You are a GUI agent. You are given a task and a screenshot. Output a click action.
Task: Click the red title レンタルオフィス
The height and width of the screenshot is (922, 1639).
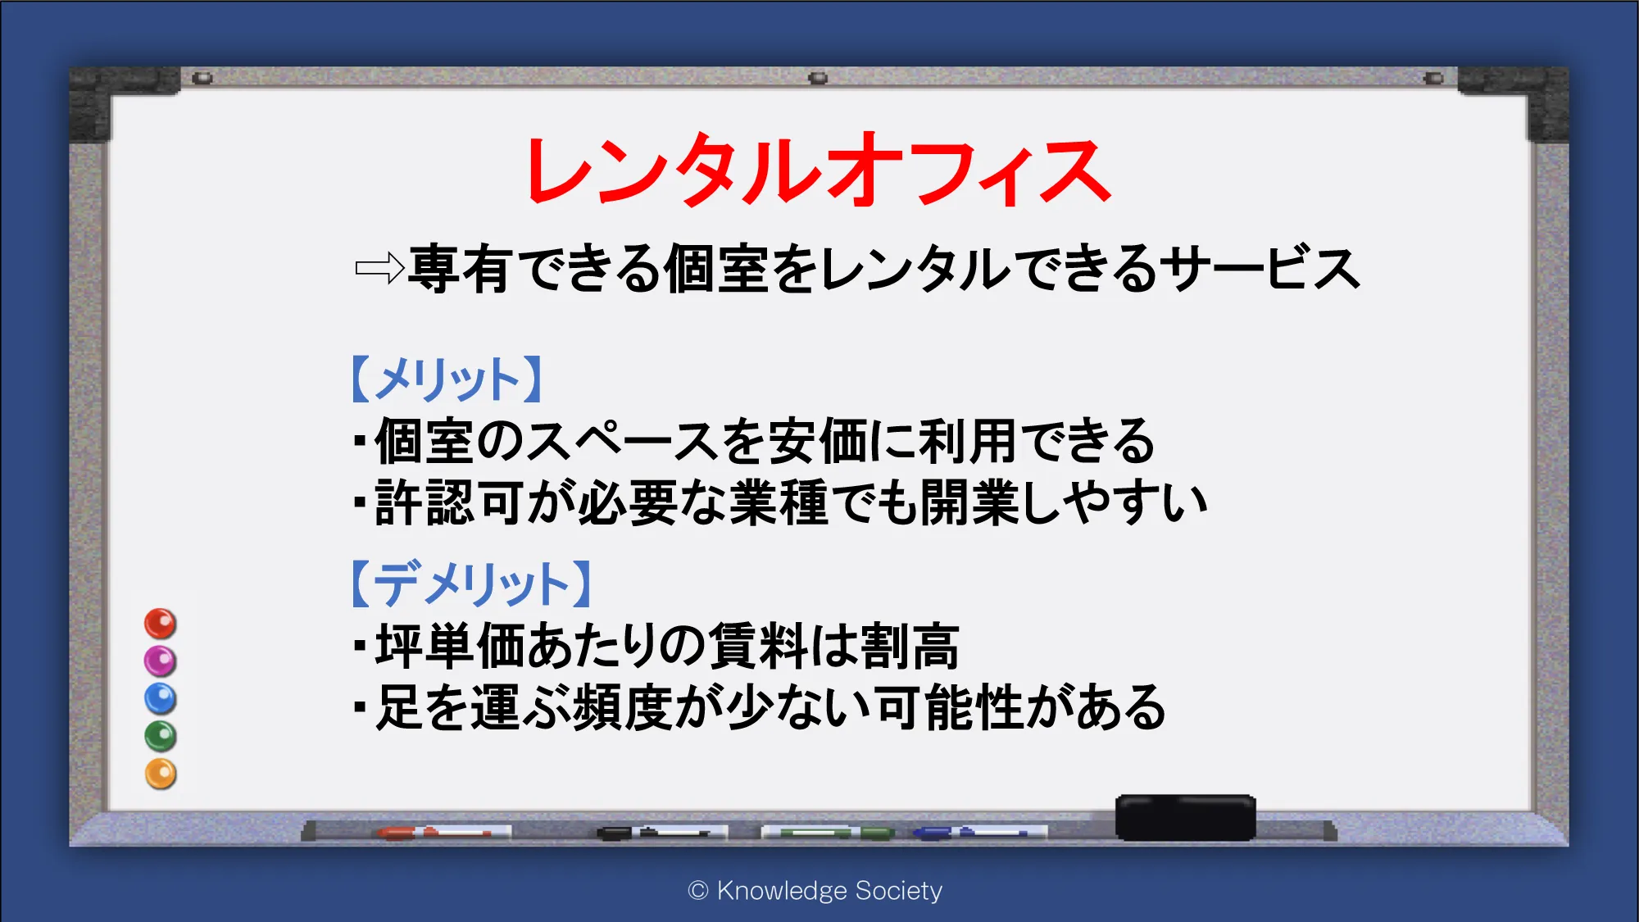point(818,171)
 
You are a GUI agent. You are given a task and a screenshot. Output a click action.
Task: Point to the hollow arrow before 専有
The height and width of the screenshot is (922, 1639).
point(379,268)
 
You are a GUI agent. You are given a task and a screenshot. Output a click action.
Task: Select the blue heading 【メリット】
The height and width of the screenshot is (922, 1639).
point(447,379)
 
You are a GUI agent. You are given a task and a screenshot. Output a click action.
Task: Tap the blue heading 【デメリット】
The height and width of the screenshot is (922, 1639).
point(472,584)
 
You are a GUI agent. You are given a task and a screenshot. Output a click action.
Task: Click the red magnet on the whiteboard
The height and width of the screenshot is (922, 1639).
point(161,624)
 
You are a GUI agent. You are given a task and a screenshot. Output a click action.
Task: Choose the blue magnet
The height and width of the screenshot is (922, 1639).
point(161,699)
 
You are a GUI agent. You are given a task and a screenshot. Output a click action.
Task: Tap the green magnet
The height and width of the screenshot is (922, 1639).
point(161,737)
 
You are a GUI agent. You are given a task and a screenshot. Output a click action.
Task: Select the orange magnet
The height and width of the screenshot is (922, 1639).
point(161,774)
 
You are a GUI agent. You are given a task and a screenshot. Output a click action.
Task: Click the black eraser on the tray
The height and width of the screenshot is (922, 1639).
point(1185,817)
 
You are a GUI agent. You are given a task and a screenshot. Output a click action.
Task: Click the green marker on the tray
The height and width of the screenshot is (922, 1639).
point(827,833)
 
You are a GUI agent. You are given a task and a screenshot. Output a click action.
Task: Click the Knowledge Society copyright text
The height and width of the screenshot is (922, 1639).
point(815,891)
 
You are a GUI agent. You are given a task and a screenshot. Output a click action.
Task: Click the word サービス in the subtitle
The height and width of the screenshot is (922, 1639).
point(1264,269)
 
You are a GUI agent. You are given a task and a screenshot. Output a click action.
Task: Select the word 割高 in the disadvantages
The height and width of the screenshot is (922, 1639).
point(910,647)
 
